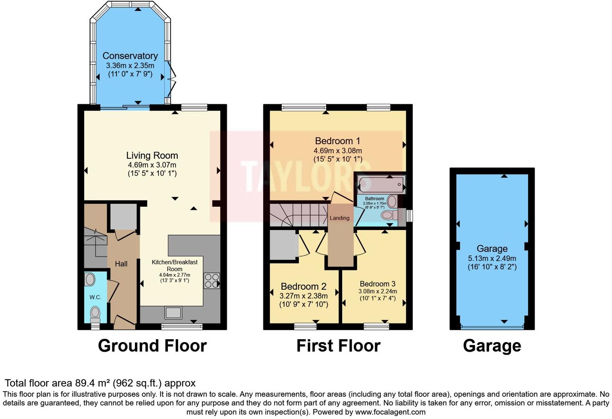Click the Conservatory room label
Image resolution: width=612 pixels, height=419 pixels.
(130, 56)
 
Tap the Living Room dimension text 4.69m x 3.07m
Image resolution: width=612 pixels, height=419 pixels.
(152, 165)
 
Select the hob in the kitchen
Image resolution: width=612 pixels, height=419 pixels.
(212, 281)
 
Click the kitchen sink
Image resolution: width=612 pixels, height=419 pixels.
(174, 313)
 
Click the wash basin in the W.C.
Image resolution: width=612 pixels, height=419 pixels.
(90, 279)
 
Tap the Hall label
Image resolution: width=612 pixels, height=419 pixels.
(121, 264)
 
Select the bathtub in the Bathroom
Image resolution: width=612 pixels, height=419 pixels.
(380, 185)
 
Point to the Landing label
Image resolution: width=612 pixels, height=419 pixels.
(339, 218)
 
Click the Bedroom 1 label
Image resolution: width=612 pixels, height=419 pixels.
(337, 141)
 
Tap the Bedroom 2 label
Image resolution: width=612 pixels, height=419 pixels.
(303, 286)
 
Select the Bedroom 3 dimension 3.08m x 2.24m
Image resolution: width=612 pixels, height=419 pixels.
(377, 291)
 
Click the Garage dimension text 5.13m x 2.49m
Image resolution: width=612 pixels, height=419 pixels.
(492, 258)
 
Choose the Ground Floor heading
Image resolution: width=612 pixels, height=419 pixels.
(152, 346)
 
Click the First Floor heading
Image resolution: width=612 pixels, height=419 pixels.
(338, 346)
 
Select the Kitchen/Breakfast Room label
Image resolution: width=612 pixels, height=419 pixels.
(174, 265)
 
